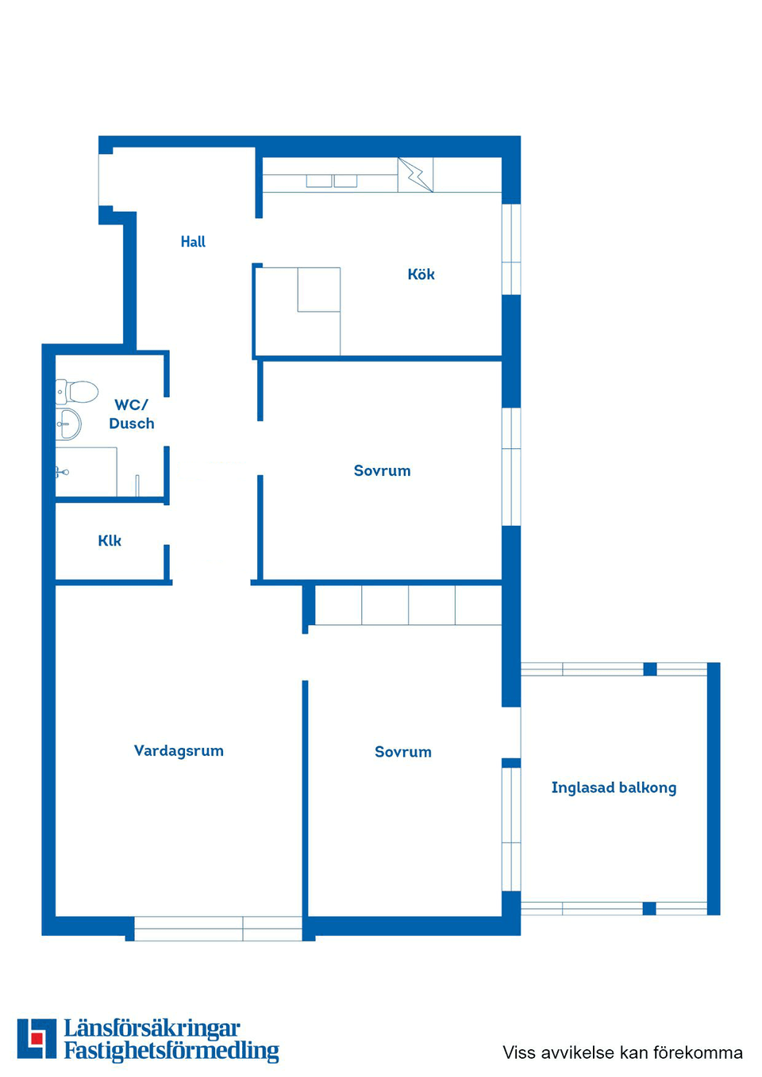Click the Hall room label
(x=193, y=242)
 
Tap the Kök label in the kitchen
(x=421, y=274)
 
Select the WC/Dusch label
(x=132, y=414)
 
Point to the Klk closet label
(x=110, y=541)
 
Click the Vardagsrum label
(x=179, y=751)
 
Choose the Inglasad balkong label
(x=614, y=788)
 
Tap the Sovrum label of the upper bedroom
(x=382, y=471)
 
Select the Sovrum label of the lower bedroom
(x=402, y=752)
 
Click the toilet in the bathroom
(x=78, y=391)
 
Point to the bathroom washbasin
(x=69, y=424)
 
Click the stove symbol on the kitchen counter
(x=415, y=174)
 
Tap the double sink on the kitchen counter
(x=332, y=181)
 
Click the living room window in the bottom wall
(x=217, y=928)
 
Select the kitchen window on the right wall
(x=511, y=249)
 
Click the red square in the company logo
(x=37, y=1038)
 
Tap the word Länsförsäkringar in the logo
(x=152, y=1029)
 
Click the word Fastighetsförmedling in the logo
(x=171, y=1051)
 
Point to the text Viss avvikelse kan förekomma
(x=622, y=1052)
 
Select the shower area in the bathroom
(x=86, y=473)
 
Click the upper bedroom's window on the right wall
(x=511, y=466)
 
